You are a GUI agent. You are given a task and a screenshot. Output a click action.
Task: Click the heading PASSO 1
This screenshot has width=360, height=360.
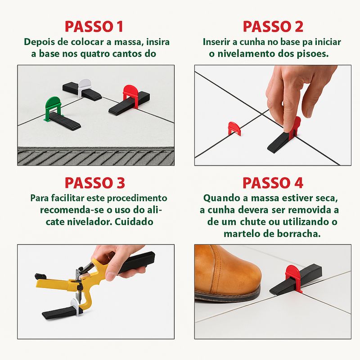pyautogui.click(x=94, y=27)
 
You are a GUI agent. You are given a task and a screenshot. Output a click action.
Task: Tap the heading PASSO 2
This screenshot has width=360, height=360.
pyautogui.click(x=273, y=27)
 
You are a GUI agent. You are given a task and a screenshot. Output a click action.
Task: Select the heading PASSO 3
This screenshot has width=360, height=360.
pyautogui.click(x=95, y=183)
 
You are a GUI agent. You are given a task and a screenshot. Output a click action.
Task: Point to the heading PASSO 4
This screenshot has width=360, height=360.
pyautogui.click(x=273, y=183)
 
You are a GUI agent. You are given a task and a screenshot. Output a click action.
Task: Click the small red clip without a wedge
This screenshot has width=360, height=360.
pyautogui.click(x=234, y=127)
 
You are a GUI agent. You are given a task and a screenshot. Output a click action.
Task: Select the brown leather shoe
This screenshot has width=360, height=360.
pyautogui.click(x=227, y=273)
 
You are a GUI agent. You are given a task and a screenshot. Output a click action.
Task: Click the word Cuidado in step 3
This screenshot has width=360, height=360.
pyautogui.click(x=134, y=222)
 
